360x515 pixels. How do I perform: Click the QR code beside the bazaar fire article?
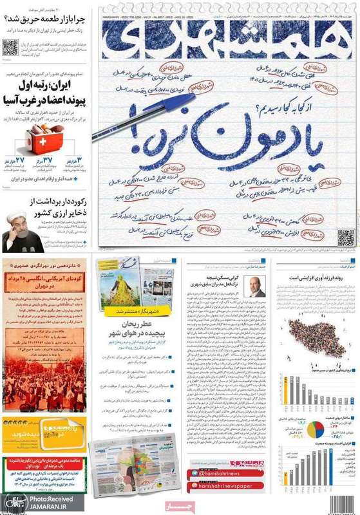(10, 47)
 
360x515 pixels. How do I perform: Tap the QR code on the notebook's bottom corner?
(346, 238)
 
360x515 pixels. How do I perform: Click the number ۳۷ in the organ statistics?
(46, 160)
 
